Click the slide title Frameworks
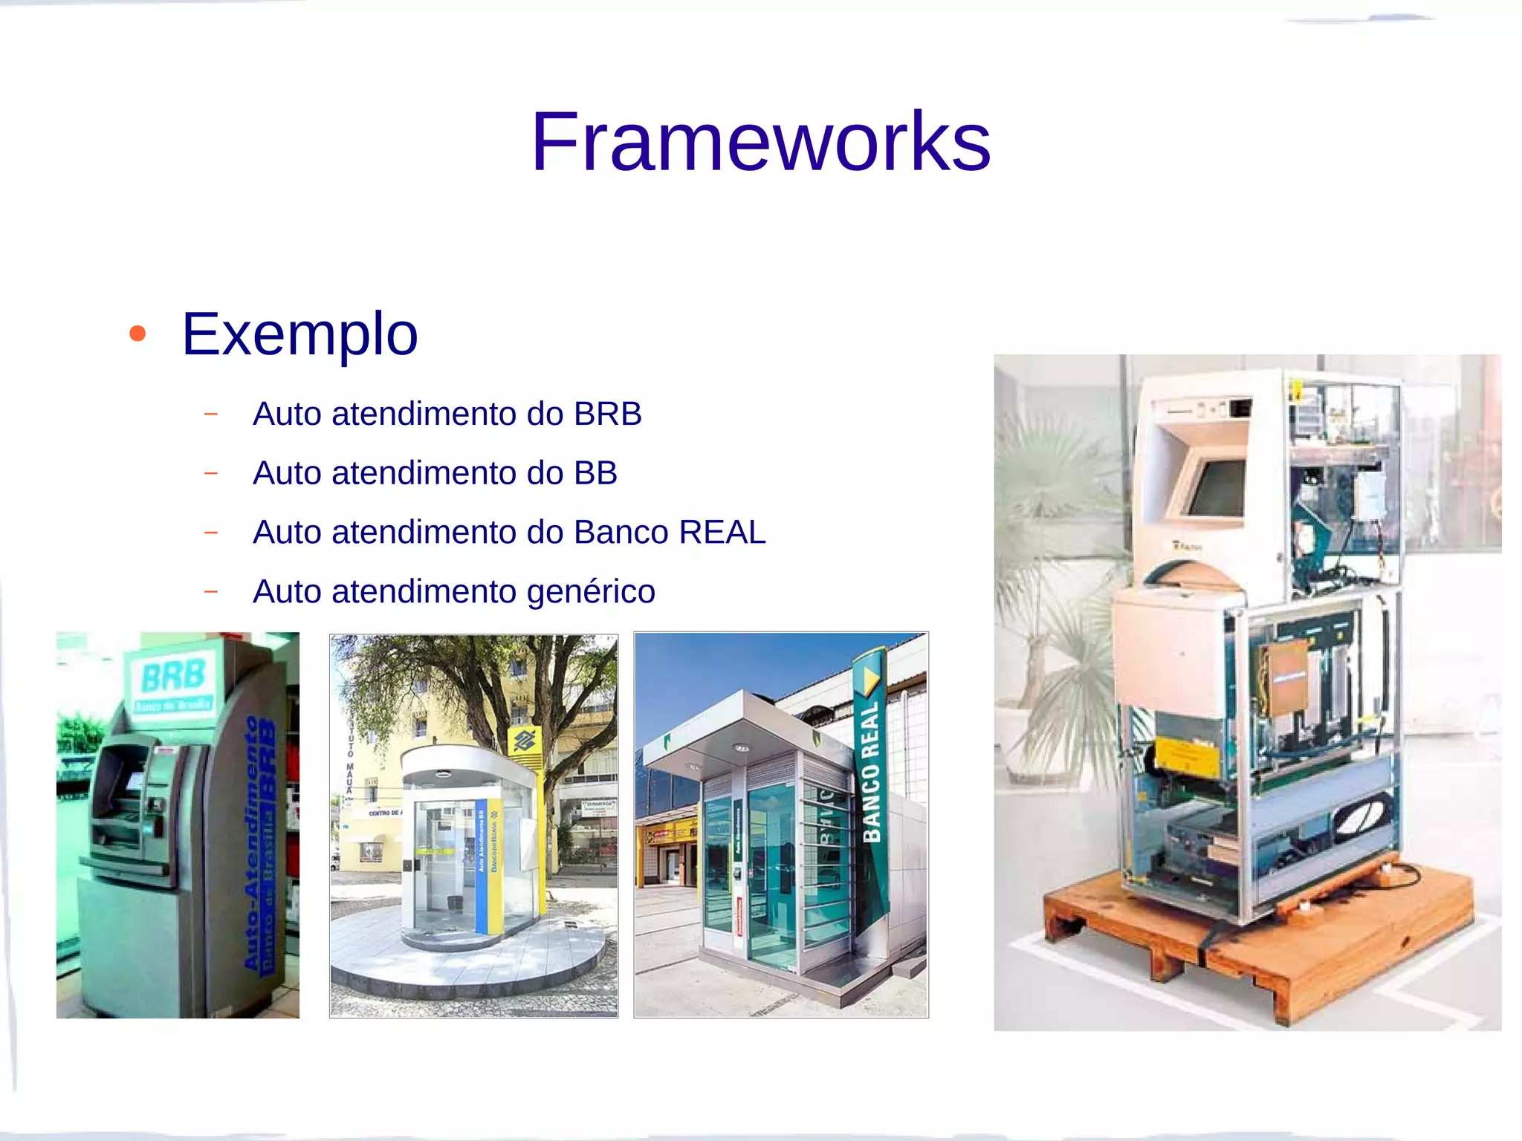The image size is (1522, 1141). click(x=760, y=141)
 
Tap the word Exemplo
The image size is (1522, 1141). click(x=299, y=334)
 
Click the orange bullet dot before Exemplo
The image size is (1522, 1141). click(x=137, y=334)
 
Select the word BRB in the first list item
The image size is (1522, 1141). click(x=607, y=414)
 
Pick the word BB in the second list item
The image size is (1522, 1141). click(x=595, y=473)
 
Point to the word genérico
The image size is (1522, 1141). click(x=591, y=592)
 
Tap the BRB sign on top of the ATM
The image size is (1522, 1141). click(x=173, y=677)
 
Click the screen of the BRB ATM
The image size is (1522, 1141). click(x=135, y=781)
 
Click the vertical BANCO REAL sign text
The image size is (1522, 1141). click(x=871, y=773)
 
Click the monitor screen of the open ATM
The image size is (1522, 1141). click(x=1217, y=487)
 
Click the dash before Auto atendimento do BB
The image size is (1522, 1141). click(x=211, y=473)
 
